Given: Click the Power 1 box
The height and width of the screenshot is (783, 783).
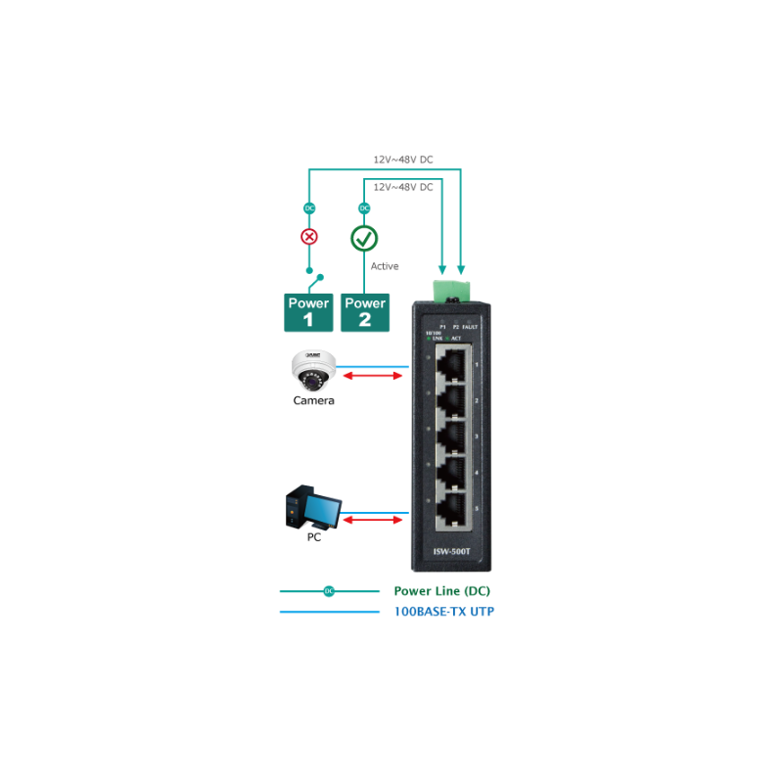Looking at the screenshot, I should click(x=308, y=311).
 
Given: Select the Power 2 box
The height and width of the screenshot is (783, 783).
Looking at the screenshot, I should click(x=365, y=311).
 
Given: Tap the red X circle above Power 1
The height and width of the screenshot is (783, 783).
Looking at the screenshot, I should click(x=309, y=237).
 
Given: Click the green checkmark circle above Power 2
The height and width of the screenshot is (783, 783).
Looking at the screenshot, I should click(x=364, y=238).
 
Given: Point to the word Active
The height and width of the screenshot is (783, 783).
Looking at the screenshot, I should click(x=385, y=266).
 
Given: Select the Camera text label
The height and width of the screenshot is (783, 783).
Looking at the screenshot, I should click(x=313, y=400).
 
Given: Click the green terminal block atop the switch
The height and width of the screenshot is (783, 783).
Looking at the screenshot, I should click(x=453, y=289).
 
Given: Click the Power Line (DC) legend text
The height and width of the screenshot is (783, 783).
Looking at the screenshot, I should click(x=441, y=591).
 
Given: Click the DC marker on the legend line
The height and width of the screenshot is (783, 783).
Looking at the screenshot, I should click(x=329, y=591).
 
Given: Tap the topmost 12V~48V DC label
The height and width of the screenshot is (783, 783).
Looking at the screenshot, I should click(x=402, y=159).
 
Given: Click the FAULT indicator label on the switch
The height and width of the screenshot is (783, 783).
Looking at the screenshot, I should click(x=472, y=326).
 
